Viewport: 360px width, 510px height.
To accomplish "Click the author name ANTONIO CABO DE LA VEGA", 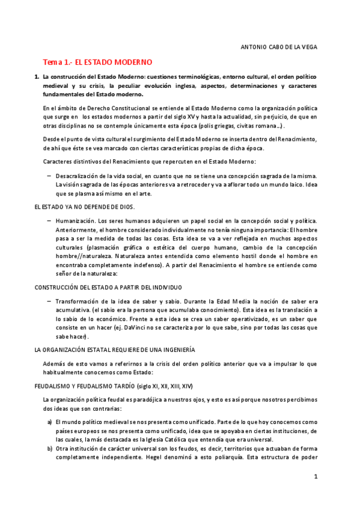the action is click(x=278, y=46).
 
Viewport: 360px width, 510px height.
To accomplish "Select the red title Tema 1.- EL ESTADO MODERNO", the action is click(x=97, y=62).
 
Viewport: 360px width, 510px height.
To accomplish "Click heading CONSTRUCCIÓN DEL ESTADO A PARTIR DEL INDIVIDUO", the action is click(x=108, y=287).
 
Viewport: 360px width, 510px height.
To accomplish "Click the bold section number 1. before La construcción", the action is click(x=37, y=78).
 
